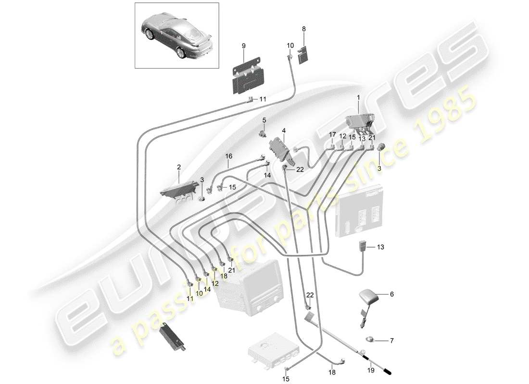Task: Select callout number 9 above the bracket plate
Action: click(243, 46)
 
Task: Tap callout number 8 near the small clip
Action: click(303, 29)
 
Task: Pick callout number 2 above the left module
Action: click(179, 167)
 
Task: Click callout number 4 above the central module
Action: click(284, 130)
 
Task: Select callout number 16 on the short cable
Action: click(228, 156)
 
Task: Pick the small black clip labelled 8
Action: click(302, 55)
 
